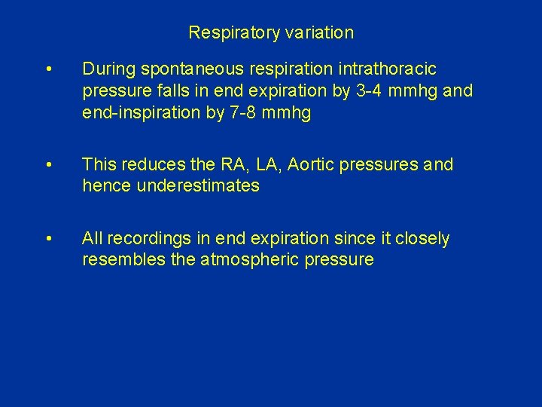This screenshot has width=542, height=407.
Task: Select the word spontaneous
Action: point(174,70)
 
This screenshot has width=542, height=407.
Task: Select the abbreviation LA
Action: point(264,164)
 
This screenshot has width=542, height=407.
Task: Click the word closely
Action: point(422,239)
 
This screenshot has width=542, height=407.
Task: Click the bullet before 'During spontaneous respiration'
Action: point(48,70)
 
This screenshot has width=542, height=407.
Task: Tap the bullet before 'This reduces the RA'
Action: point(48,165)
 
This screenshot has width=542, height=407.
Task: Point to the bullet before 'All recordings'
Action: point(48,239)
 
